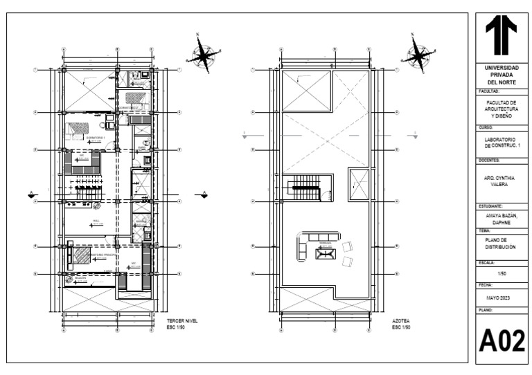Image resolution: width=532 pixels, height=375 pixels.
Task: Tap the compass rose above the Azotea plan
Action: tap(418, 53)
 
